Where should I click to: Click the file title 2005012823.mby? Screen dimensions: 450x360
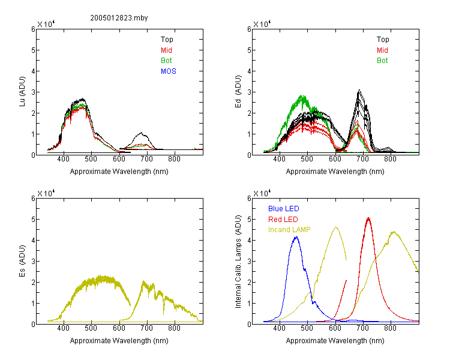(x=119, y=18)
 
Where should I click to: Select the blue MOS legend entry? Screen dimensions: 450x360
(x=169, y=71)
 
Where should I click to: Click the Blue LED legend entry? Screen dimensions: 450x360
(x=284, y=209)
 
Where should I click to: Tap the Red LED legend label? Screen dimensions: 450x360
(x=283, y=220)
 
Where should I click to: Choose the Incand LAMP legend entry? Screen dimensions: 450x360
(x=289, y=230)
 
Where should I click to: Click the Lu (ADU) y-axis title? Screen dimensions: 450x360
(x=22, y=92)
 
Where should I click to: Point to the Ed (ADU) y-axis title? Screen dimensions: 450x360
(x=238, y=92)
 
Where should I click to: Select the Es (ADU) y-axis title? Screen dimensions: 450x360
(x=22, y=261)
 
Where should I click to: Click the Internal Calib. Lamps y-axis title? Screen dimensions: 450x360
(x=238, y=262)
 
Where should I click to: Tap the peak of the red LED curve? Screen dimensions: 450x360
(x=368, y=218)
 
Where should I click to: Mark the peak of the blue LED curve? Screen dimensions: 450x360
(x=296, y=237)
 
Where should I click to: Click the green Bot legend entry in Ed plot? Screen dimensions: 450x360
(x=382, y=61)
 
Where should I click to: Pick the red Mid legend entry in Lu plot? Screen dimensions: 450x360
(x=166, y=50)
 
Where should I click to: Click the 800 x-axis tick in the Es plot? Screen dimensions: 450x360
(x=174, y=328)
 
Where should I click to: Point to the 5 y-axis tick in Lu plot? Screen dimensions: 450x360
(x=33, y=50)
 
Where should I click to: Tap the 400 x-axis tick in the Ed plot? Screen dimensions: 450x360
(x=279, y=159)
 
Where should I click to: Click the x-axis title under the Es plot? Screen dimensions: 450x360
(x=119, y=341)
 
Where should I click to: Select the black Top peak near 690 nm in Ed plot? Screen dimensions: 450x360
(x=359, y=91)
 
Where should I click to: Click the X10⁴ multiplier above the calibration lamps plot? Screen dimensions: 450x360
(x=262, y=193)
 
